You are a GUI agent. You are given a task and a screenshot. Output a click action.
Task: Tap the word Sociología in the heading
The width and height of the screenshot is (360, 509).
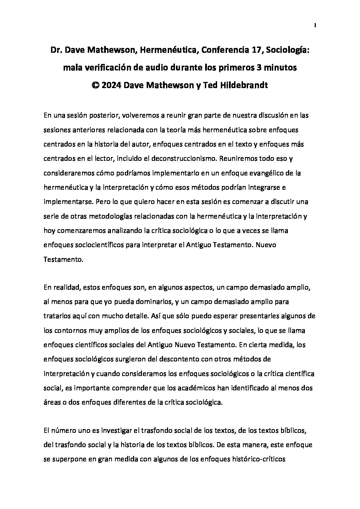(x=288, y=51)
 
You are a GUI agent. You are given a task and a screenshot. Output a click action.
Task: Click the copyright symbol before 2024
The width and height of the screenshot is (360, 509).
(x=96, y=85)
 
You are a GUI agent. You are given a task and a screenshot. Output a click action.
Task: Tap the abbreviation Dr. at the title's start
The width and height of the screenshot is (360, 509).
(x=56, y=51)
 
